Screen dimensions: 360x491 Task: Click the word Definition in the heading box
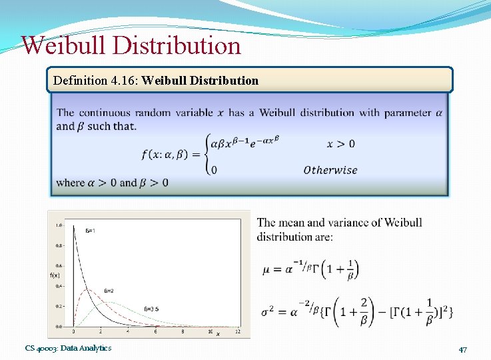click(x=79, y=81)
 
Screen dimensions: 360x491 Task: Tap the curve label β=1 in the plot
click(x=90, y=230)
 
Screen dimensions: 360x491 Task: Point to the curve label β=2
click(x=108, y=291)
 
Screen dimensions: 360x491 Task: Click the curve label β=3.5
click(x=151, y=309)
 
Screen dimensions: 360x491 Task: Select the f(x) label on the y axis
click(x=55, y=275)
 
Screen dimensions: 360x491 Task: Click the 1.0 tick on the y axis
click(x=59, y=225)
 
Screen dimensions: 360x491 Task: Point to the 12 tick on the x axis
click(x=237, y=331)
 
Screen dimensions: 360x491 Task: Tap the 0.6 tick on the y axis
click(x=59, y=266)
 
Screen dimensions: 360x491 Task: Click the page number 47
click(x=462, y=349)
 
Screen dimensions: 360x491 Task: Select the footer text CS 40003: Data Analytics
click(x=68, y=348)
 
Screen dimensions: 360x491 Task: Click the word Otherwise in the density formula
click(x=330, y=170)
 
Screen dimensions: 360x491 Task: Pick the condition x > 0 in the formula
click(x=340, y=143)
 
